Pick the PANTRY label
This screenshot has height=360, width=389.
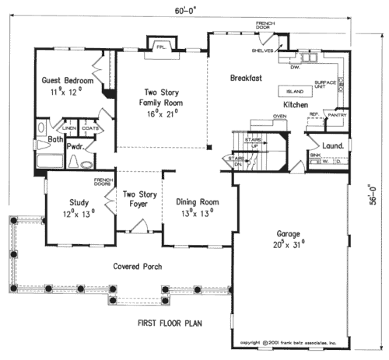point(337,115)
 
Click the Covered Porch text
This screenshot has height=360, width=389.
point(136,266)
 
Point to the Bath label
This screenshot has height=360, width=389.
point(54,140)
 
